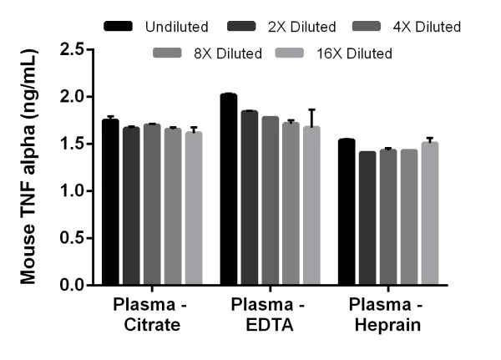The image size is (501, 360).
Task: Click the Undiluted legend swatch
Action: click(119, 27)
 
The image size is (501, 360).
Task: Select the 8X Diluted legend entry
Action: click(207, 53)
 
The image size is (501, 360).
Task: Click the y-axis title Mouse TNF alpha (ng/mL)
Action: click(29, 167)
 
